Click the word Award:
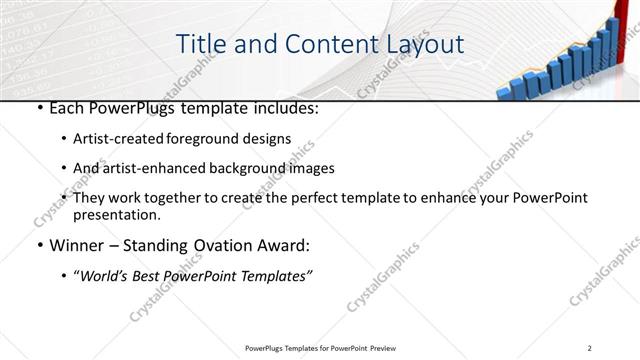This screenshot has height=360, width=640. pos(286,245)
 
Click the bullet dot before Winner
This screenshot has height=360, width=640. pos(38,246)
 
